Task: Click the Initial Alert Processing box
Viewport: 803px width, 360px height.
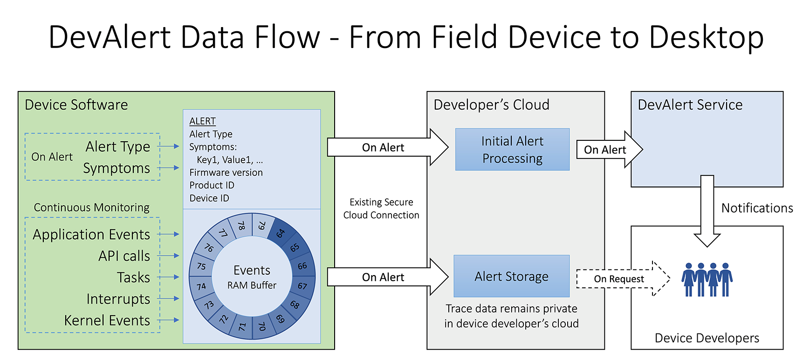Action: [512, 149]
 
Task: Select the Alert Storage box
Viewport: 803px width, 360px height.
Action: [511, 276]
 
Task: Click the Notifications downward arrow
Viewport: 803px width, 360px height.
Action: [707, 210]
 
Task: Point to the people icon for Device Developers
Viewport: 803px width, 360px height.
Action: [707, 279]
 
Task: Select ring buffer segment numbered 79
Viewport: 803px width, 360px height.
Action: [262, 226]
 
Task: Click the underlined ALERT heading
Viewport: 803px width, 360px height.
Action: [202, 121]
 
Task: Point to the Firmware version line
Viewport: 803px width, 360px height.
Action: [226, 173]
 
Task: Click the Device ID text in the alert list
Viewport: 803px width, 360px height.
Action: [209, 198]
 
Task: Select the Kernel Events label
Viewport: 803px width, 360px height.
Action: [107, 320]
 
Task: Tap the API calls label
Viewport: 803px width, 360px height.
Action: [124, 256]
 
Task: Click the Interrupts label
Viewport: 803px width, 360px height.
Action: [118, 299]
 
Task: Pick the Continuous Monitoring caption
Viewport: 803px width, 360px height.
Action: [91, 208]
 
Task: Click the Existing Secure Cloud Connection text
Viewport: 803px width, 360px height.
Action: [381, 208]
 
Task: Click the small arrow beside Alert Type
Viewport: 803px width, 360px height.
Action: [169, 146]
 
